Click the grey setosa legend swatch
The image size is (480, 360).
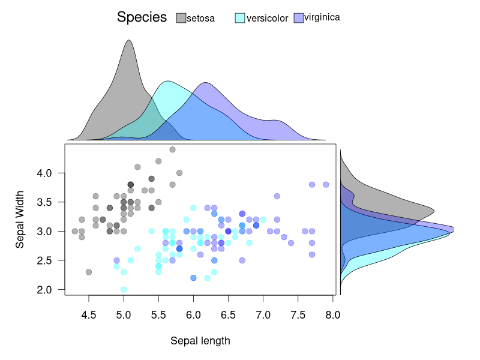coord(181,19)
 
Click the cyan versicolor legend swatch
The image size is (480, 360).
coord(239,19)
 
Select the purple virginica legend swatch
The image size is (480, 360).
coord(298,18)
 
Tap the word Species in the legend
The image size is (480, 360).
coord(142,17)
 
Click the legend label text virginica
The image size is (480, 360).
coord(322,17)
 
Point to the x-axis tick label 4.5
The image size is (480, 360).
coord(89,315)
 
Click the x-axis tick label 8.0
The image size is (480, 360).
coord(333,315)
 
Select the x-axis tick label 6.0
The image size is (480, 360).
coord(193,315)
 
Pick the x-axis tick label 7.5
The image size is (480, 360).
coord(298,315)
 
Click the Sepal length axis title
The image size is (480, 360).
coord(200,341)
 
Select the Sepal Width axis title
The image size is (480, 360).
coord(20,220)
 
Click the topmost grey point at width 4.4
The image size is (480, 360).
coord(172,149)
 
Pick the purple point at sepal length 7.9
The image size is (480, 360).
coord(326,184)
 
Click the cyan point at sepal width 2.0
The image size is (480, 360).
coord(124,289)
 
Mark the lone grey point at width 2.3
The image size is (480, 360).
coord(89,272)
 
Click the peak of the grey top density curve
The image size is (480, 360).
coord(128,41)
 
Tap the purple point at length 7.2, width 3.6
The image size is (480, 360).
coord(277,196)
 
